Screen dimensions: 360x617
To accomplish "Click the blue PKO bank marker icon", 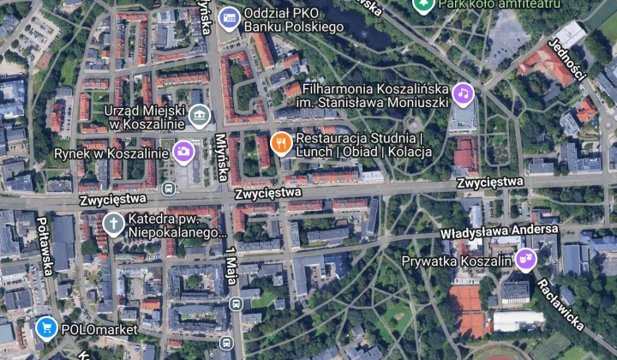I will click(229, 17).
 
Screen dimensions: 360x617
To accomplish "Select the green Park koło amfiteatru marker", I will click(422, 5).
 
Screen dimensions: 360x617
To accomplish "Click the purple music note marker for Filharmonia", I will click(464, 93).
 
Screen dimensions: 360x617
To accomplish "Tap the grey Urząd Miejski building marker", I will click(200, 115).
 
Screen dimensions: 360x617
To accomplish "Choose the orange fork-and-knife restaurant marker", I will click(280, 143).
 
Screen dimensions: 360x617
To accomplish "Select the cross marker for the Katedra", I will click(113, 224).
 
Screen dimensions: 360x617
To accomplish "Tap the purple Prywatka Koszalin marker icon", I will click(524, 260).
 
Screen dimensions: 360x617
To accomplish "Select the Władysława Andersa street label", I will click(500, 231).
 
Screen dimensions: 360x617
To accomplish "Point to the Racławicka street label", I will click(561, 304).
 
